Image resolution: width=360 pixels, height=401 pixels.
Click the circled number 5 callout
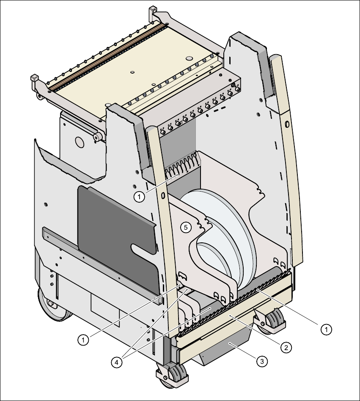pos(185,227)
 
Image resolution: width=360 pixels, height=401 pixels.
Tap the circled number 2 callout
pos(286,348)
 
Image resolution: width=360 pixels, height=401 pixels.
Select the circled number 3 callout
pos(262,361)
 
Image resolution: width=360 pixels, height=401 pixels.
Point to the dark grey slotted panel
pos(114,237)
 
